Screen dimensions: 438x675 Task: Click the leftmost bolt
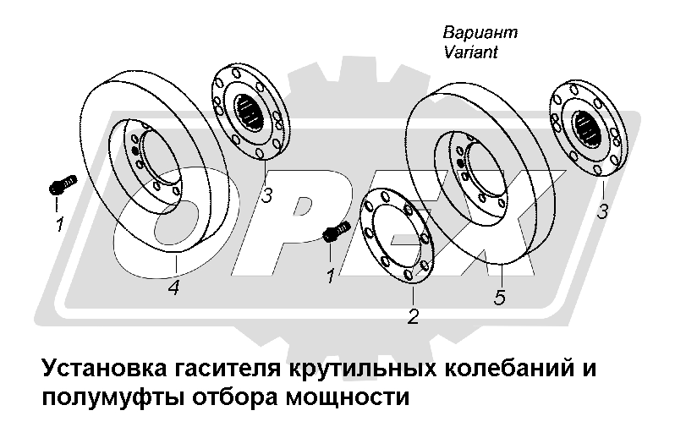click(x=62, y=183)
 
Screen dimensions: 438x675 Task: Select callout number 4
click(x=173, y=287)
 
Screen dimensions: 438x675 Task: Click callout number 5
click(x=500, y=298)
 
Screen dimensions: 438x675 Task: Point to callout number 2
click(x=413, y=317)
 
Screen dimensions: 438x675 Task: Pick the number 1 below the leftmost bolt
click(x=59, y=225)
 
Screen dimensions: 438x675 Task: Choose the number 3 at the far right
click(x=602, y=211)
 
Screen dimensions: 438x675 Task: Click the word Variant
click(x=470, y=52)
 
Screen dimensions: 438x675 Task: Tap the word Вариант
click(x=480, y=33)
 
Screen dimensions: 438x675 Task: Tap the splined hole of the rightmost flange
click(x=590, y=128)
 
